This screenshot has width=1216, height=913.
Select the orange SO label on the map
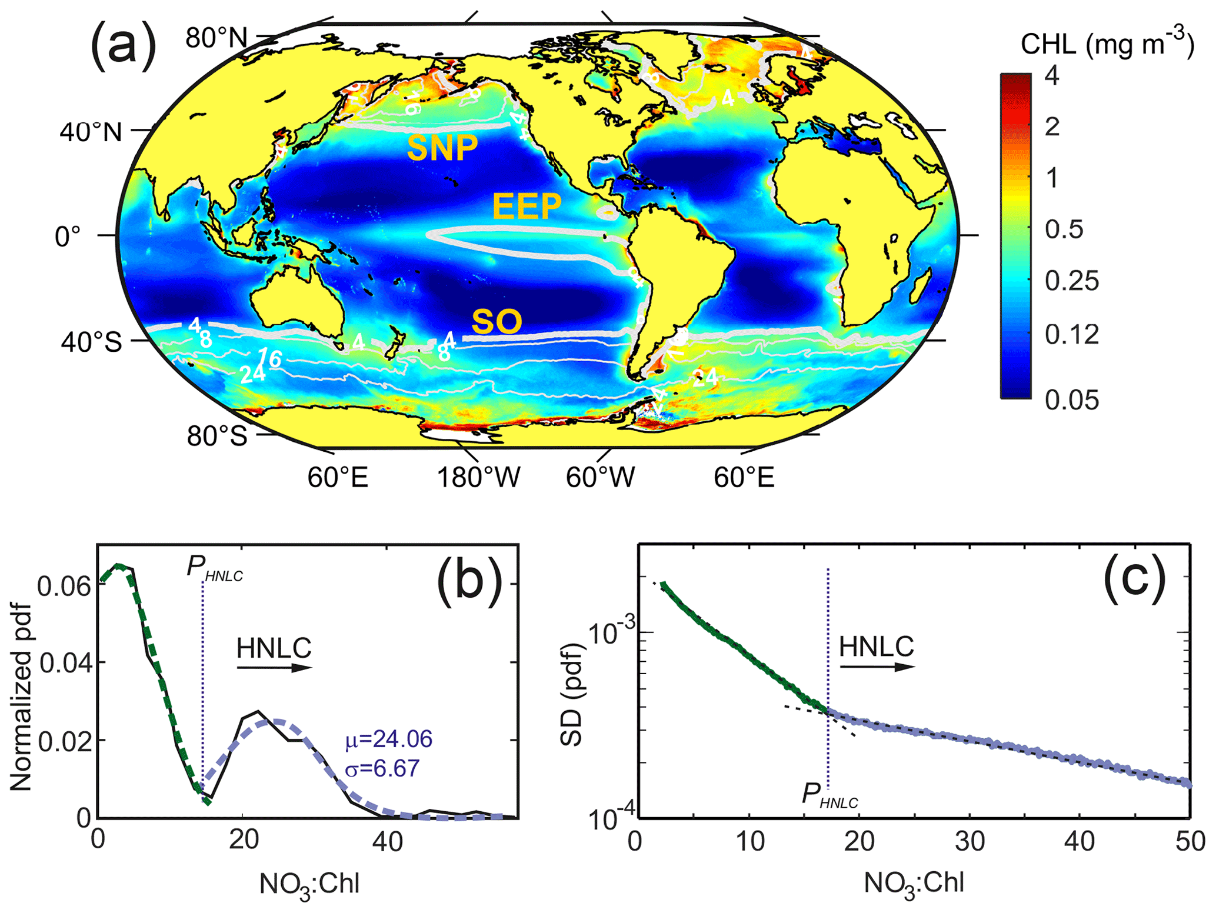[x=497, y=322]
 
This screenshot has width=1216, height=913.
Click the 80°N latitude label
[x=216, y=39]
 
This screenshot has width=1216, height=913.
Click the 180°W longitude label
[x=478, y=478]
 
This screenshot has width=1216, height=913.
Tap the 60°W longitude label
[x=601, y=478]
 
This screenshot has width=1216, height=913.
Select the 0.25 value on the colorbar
[x=1071, y=281]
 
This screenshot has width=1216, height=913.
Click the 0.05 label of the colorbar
[x=1071, y=400]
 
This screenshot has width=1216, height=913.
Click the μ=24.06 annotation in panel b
[x=389, y=739]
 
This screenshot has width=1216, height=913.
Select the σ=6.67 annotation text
[x=382, y=768]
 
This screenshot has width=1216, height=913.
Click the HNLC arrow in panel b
[x=274, y=668]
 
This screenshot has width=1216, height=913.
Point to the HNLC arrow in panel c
[x=877, y=667]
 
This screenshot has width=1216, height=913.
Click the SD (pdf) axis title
[x=571, y=694]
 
